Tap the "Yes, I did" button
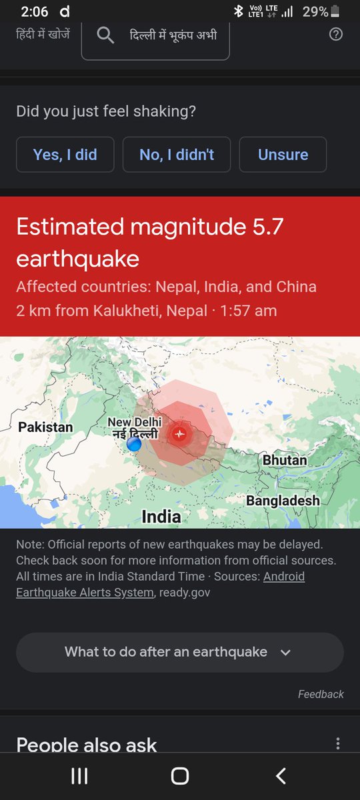(x=65, y=155)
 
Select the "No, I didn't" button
(x=177, y=155)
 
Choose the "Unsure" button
(x=283, y=155)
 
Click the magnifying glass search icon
(x=105, y=35)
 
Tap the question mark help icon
(x=336, y=34)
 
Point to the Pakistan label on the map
(x=45, y=427)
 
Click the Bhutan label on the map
(x=285, y=460)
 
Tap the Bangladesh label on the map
(x=283, y=500)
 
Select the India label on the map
(x=161, y=516)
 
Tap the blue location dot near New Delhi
(x=134, y=443)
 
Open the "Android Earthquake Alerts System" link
(x=160, y=584)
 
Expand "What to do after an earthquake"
(x=179, y=652)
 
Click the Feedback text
(x=321, y=694)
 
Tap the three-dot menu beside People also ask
(x=338, y=744)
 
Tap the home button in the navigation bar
(x=179, y=775)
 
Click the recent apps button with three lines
(x=79, y=775)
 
